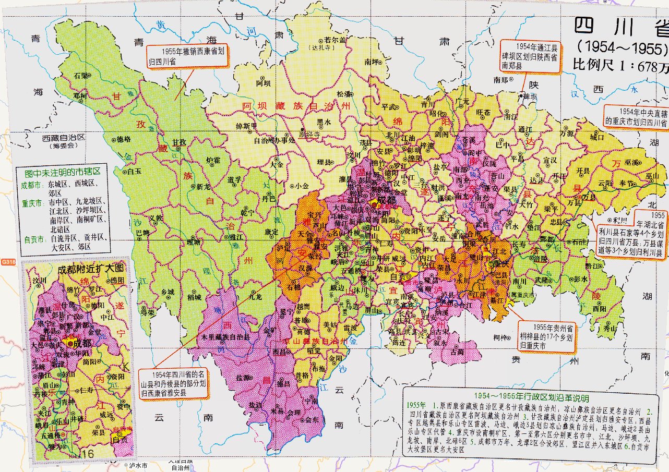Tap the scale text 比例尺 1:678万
coord(620,66)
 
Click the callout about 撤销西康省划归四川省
coord(186,56)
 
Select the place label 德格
coord(124,139)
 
